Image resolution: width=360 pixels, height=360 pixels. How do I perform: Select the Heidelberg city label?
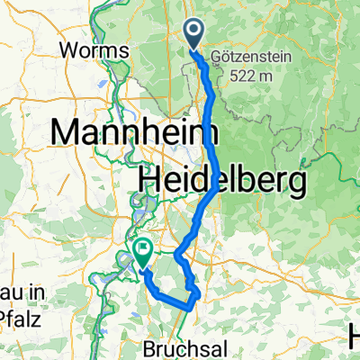click(x=221, y=181)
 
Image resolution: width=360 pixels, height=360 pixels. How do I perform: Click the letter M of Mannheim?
click(x=66, y=132)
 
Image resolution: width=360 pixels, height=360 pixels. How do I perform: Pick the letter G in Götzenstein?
click(x=215, y=56)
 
